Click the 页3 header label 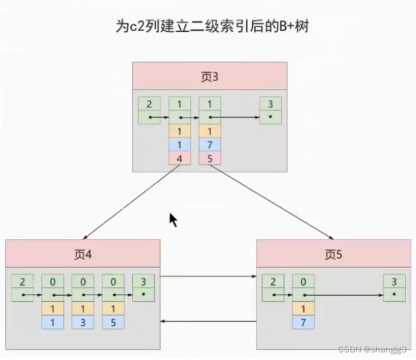click(x=210, y=78)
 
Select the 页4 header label click(x=82, y=254)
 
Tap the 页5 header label click(x=334, y=254)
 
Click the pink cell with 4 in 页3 click(x=179, y=157)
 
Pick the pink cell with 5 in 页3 click(x=210, y=157)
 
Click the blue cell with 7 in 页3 click(x=210, y=144)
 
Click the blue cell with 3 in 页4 click(x=82, y=322)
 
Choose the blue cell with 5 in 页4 click(x=113, y=322)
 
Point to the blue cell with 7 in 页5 click(x=303, y=322)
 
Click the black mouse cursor click(x=173, y=220)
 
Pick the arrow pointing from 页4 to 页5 click(x=208, y=276)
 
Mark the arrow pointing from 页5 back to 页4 click(x=208, y=322)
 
